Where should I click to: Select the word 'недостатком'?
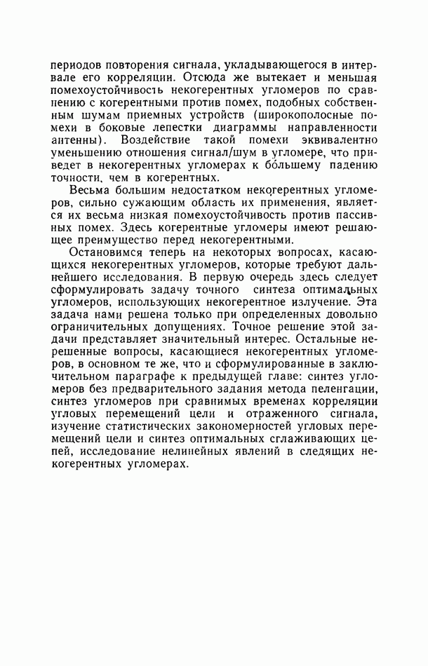click(187, 191)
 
